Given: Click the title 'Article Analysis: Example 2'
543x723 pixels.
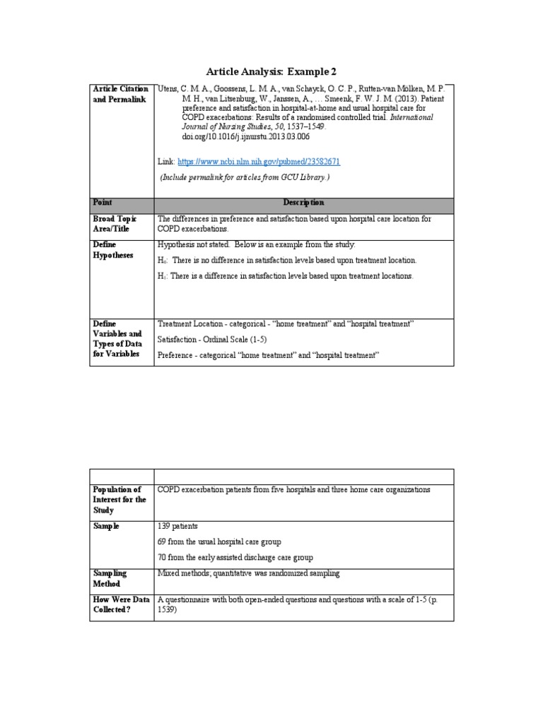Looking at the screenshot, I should (271, 71).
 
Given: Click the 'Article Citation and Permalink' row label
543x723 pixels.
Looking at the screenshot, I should (121, 94).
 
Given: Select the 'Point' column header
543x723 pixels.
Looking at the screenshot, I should (103, 202).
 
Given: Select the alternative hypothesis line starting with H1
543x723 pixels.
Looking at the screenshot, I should (285, 276).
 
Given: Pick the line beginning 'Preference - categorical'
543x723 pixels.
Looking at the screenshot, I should (269, 355).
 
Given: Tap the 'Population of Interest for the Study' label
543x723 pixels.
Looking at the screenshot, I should (119, 499).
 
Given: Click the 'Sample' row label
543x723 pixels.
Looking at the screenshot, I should (106, 526).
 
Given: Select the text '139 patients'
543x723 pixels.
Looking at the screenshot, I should (178, 526).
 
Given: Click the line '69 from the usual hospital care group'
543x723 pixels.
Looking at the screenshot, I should (219, 542).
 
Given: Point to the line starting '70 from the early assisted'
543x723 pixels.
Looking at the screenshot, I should (235, 558).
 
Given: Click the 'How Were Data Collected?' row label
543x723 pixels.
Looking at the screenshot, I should (121, 604).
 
